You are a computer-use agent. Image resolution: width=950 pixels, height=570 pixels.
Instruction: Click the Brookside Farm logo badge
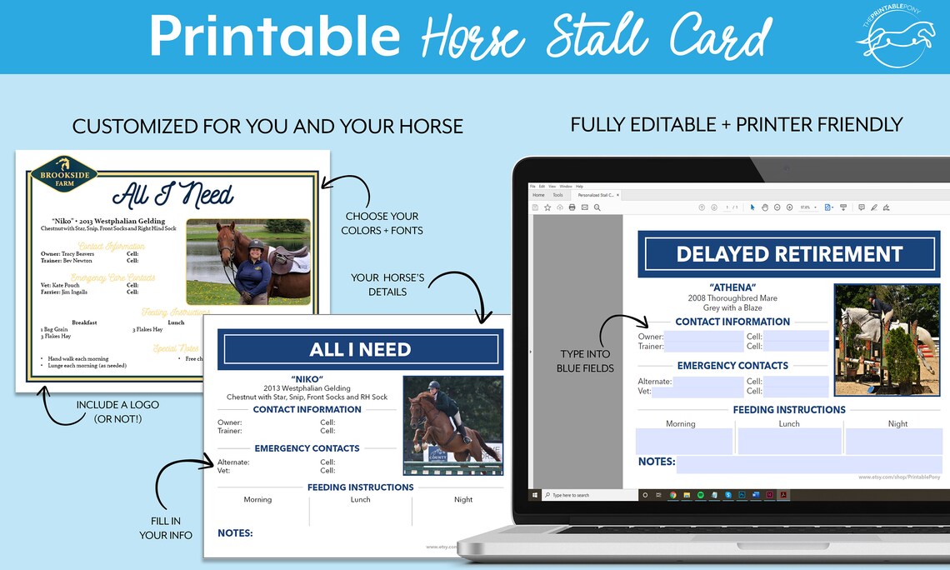click(x=63, y=174)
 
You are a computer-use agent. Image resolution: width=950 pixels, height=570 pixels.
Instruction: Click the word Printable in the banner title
click(x=275, y=37)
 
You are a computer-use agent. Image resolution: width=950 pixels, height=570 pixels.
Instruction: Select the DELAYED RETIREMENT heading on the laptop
click(x=788, y=254)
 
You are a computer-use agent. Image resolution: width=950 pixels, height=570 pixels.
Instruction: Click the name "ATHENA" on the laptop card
click(x=732, y=287)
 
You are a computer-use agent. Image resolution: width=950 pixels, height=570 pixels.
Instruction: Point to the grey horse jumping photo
click(x=887, y=339)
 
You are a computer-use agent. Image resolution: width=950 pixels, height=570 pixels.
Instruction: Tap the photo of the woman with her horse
click(x=248, y=261)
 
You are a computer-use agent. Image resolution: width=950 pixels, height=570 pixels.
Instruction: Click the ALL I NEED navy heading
click(x=360, y=349)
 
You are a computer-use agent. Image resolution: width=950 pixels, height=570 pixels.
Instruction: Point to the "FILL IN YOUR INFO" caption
click(x=166, y=527)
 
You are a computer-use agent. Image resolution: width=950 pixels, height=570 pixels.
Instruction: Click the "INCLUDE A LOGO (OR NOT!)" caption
click(x=117, y=412)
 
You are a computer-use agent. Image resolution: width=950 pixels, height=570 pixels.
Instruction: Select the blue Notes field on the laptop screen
click(x=808, y=463)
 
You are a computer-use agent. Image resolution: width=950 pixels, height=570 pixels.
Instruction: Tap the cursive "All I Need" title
click(x=172, y=196)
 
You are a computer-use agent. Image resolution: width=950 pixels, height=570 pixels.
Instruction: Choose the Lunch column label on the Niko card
click(x=360, y=499)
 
